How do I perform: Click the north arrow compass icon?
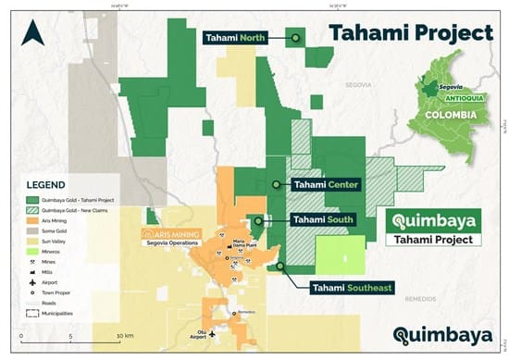34,34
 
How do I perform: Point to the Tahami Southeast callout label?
344,289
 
